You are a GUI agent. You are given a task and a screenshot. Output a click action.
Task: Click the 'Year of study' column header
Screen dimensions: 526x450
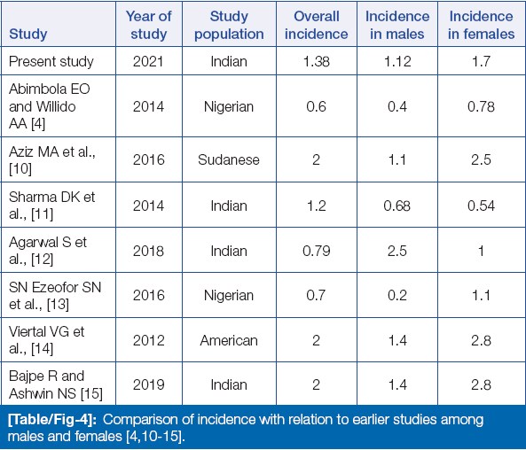pyautogui.click(x=149, y=25)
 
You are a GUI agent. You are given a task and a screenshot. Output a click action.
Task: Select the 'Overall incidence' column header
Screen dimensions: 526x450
pyautogui.click(x=317, y=25)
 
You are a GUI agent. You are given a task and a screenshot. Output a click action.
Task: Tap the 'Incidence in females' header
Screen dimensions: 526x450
pyautogui.click(x=481, y=25)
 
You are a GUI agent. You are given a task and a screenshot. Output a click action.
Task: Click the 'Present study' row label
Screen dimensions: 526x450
pyautogui.click(x=51, y=62)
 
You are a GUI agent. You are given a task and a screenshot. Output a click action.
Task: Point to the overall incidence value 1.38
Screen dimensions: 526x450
pyautogui.click(x=317, y=61)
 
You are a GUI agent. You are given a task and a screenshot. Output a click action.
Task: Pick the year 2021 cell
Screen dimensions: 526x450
pyautogui.click(x=148, y=61)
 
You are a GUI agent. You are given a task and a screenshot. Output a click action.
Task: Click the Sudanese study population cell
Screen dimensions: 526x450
pyautogui.click(x=229, y=159)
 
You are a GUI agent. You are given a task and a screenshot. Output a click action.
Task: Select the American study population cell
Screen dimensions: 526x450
pyautogui.click(x=229, y=340)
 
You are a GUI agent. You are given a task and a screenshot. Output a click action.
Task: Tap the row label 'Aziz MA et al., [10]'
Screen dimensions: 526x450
pyautogui.click(x=52, y=159)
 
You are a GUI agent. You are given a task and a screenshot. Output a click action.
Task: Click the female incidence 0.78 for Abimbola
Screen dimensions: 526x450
pyautogui.click(x=481, y=106)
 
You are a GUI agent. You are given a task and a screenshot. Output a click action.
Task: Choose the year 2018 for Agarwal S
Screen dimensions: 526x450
pyautogui.click(x=148, y=251)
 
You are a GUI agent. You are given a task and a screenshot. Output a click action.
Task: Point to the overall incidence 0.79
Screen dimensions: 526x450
pyautogui.click(x=317, y=251)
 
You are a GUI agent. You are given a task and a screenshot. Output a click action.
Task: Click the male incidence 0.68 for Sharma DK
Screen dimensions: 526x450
pyautogui.click(x=396, y=206)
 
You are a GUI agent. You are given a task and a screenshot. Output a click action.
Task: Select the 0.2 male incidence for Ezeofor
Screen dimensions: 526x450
pyautogui.click(x=397, y=295)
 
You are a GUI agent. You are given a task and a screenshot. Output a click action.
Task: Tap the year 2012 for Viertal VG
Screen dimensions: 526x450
pyautogui.click(x=148, y=340)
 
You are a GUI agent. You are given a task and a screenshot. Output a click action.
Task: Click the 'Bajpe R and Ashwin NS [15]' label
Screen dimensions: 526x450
pyautogui.click(x=56, y=384)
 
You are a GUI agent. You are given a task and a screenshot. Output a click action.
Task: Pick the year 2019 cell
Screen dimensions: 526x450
pyautogui.click(x=148, y=384)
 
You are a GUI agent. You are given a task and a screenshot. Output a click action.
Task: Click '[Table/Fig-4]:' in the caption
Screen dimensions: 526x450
pyautogui.click(x=52, y=420)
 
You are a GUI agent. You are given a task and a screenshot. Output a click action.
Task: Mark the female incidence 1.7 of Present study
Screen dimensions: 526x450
pyautogui.click(x=481, y=61)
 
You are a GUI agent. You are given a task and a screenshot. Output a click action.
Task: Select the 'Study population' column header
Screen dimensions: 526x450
pyautogui.click(x=229, y=25)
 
